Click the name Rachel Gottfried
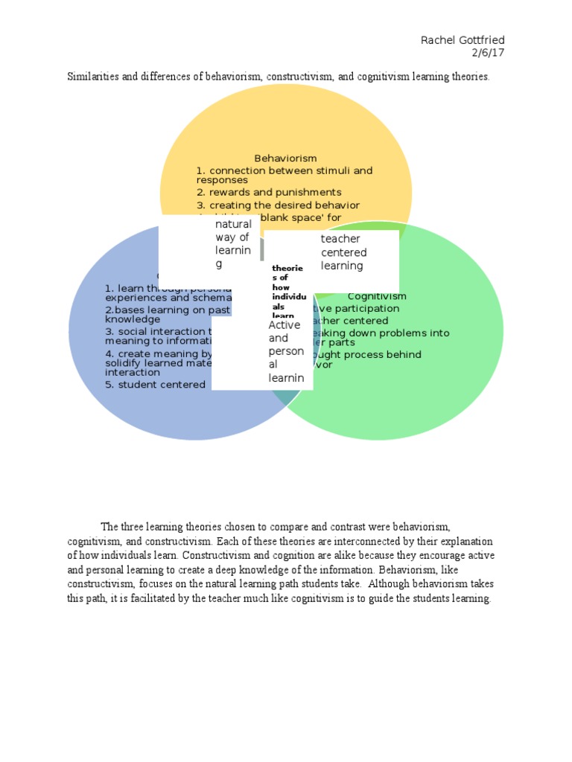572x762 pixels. (468, 39)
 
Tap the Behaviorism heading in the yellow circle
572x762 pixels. (285, 158)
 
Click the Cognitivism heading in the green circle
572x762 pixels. (377, 296)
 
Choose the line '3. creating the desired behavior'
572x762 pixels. (278, 205)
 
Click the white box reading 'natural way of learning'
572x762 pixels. (233, 243)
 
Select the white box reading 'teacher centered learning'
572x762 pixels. (342, 252)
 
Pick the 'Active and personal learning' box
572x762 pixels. (285, 351)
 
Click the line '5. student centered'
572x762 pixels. (155, 385)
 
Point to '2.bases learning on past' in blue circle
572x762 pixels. (168, 310)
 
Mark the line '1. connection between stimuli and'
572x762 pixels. (284, 170)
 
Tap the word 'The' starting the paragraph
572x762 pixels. (110, 527)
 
